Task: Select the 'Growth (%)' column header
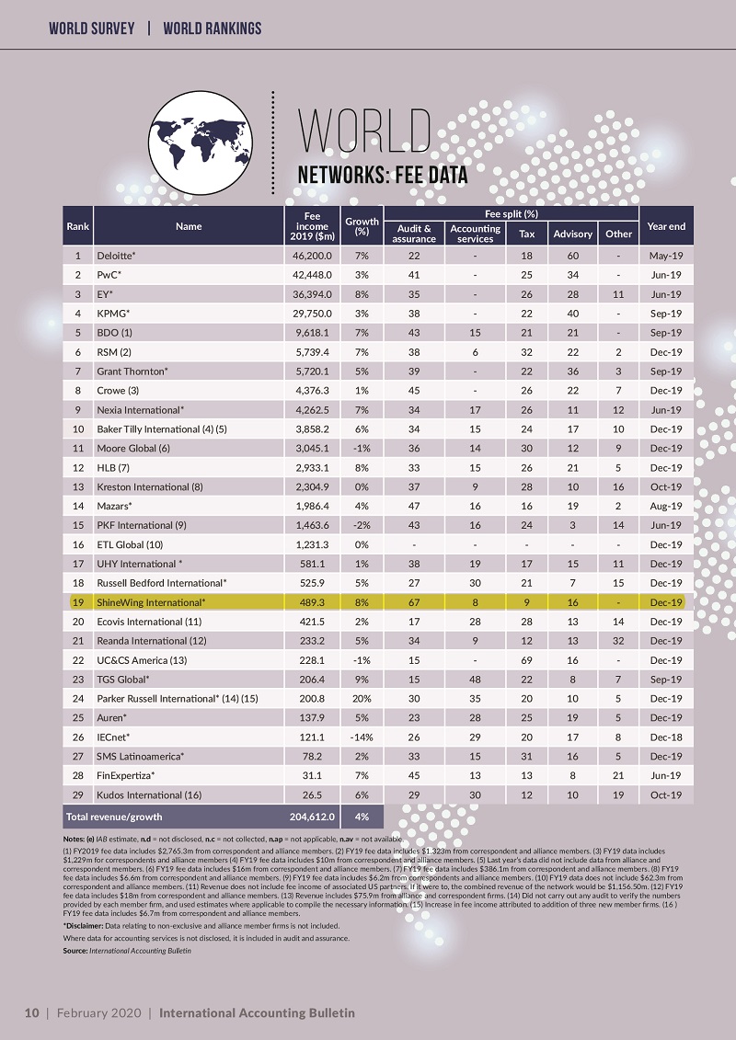(362, 226)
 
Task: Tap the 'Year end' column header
(666, 226)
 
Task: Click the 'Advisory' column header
(572, 234)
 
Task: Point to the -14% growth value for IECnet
(362, 737)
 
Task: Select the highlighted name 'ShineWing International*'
(151, 602)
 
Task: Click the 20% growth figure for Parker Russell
(362, 699)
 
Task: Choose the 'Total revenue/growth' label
(114, 816)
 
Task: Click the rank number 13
(78, 486)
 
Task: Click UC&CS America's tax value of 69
(527, 660)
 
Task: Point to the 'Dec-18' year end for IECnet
(664, 737)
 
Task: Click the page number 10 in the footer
(31, 1012)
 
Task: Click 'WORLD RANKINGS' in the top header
(212, 29)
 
